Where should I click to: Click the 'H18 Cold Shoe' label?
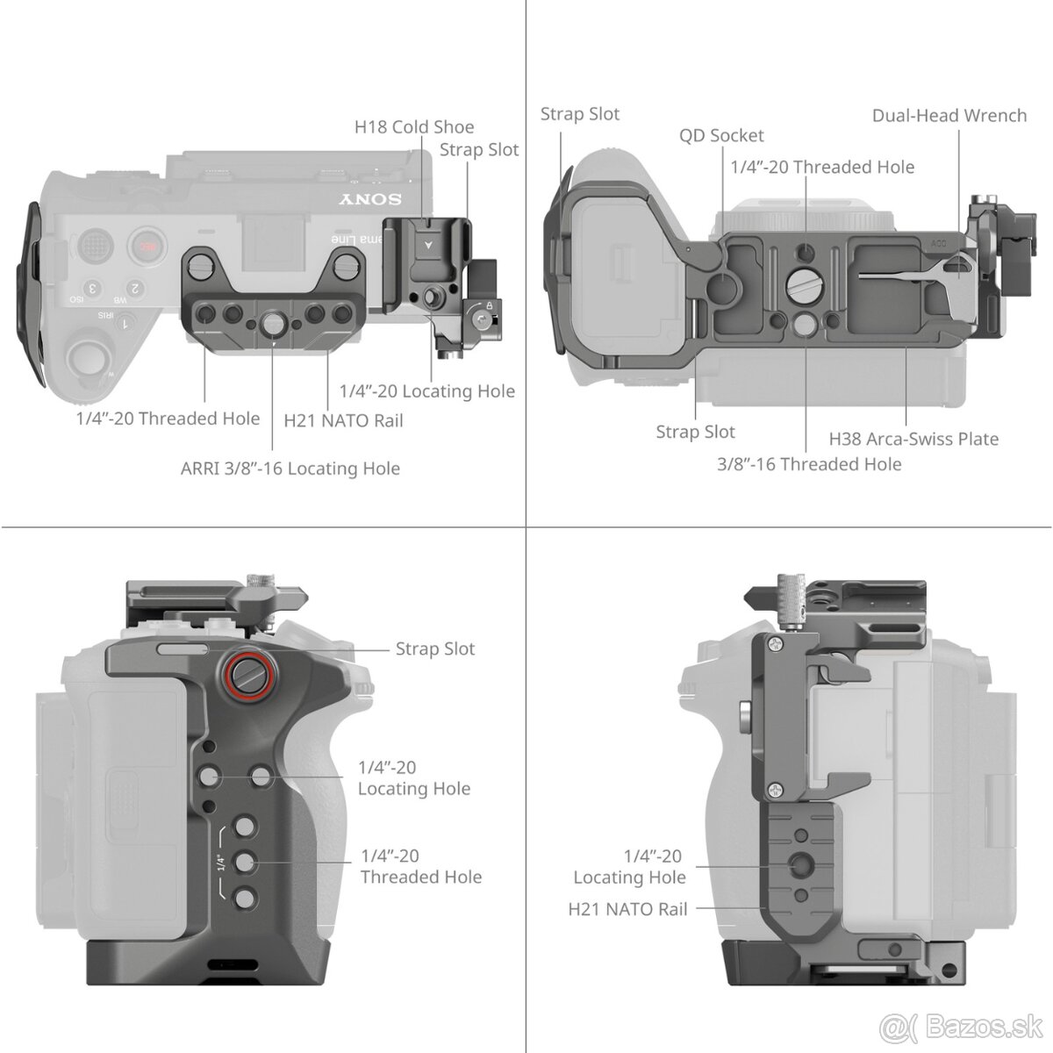413,127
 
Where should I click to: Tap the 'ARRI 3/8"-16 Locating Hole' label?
290,469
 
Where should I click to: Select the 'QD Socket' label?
721,135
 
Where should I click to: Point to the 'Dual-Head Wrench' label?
949,116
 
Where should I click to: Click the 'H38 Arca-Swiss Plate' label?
913,439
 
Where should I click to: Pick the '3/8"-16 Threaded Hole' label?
809,464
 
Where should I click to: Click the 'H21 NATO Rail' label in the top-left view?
343,420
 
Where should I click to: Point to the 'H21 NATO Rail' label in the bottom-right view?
627,909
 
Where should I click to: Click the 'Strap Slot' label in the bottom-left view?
434,649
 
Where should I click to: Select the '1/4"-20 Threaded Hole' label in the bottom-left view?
420,866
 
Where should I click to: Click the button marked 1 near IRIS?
125,324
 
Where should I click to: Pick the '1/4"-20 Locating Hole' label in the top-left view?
426,391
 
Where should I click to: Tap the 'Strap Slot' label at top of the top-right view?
579,114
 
